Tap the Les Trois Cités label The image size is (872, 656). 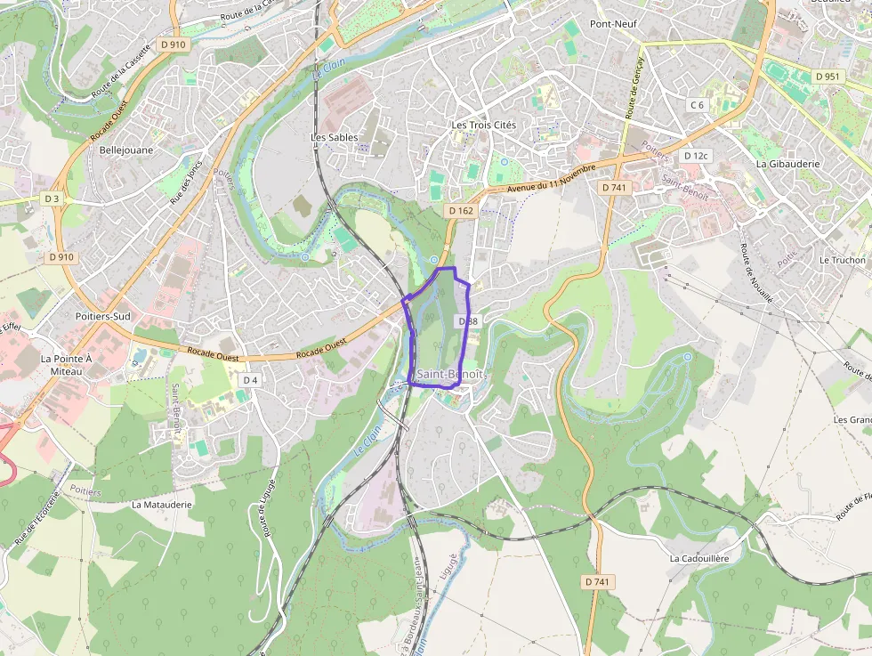[483, 126]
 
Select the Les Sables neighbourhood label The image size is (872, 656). [334, 138]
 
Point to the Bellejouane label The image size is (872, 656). [126, 150]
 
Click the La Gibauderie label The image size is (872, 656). [787, 164]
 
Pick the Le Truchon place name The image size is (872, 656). [842, 260]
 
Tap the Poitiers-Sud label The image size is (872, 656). [103, 316]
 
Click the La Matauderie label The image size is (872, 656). [161, 504]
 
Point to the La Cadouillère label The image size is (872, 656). [698, 558]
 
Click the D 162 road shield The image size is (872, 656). [461, 210]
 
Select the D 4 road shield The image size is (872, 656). [249, 380]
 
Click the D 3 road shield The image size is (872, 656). [52, 199]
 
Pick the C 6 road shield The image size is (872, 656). [697, 105]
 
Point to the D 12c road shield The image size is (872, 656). [695, 156]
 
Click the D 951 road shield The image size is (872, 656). [828, 77]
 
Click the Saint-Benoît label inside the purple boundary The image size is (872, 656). [450, 375]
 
